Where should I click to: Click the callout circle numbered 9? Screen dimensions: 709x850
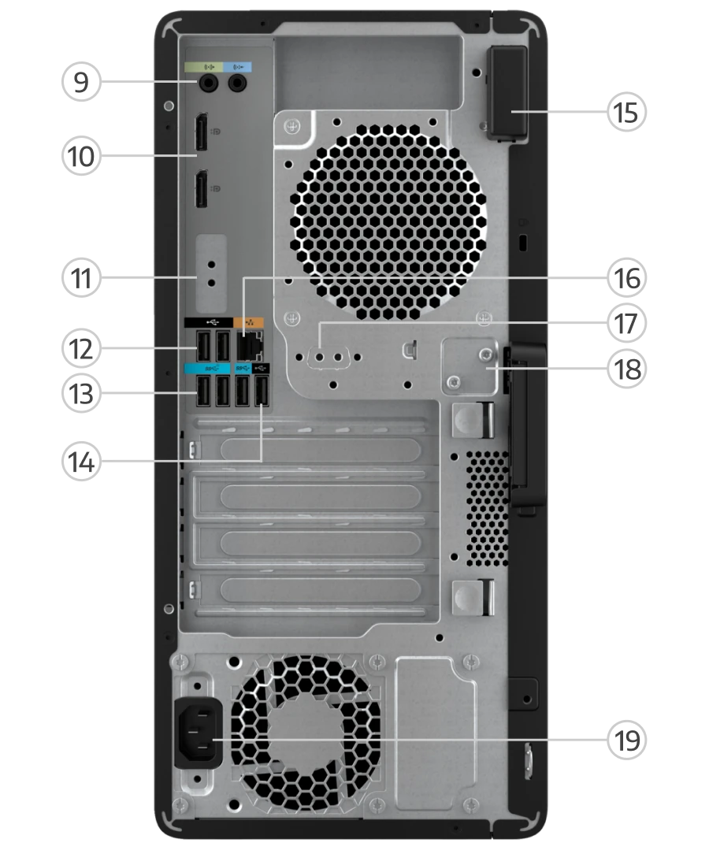tap(81, 82)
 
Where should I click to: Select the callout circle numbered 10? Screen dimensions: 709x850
tap(81, 156)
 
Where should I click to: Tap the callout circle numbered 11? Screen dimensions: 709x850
tap(81, 278)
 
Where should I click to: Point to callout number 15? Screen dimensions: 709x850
tap(626, 112)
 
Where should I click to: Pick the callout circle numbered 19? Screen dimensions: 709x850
tap(626, 740)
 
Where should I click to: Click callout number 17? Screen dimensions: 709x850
tap(626, 324)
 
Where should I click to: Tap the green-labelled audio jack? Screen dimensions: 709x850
tap(207, 84)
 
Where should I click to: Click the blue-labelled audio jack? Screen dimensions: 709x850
tap(237, 84)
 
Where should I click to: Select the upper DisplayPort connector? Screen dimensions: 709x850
tap(201, 132)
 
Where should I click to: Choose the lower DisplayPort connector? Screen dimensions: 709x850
tap(201, 188)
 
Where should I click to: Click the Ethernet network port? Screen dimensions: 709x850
tap(250, 346)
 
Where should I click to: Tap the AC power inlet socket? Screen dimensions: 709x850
tap(199, 733)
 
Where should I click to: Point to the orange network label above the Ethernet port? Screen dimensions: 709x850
tap(248, 322)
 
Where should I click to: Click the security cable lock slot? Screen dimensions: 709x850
tap(522, 242)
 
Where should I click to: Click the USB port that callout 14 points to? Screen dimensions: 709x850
tap(262, 391)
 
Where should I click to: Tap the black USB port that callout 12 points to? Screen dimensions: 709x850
tap(203, 346)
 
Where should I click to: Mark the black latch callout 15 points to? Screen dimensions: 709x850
tap(508, 93)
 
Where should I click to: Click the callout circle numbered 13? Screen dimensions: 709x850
tap(81, 394)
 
